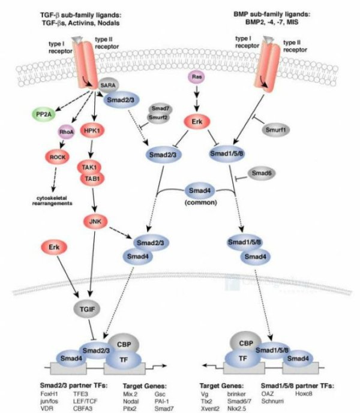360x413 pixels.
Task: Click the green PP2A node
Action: tap(43, 113)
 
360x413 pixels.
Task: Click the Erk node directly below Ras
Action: tap(196, 120)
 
